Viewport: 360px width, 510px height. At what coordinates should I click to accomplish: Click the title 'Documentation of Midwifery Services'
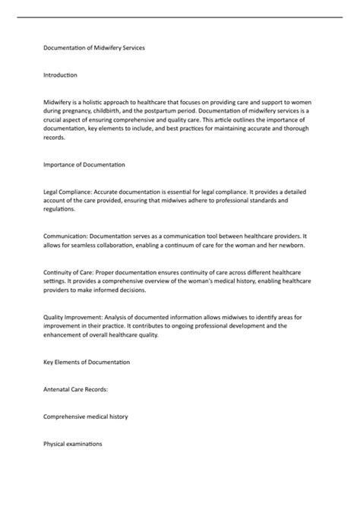click(x=95, y=48)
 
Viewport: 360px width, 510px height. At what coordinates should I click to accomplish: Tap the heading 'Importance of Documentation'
click(x=84, y=164)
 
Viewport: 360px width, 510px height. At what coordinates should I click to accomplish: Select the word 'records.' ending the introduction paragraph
click(x=56, y=138)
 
